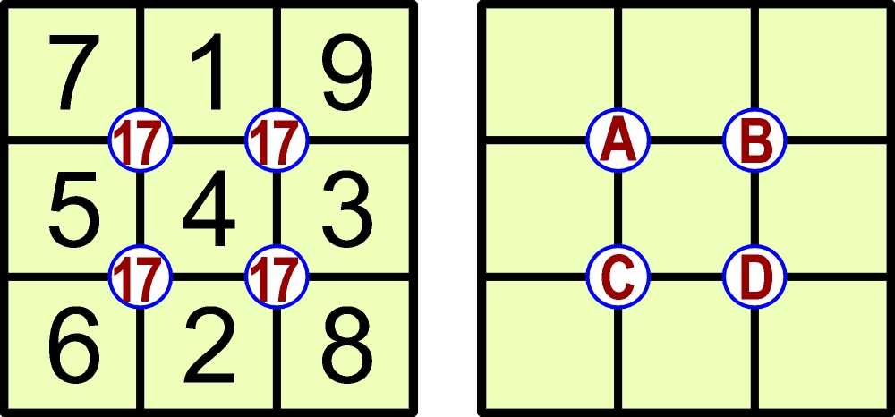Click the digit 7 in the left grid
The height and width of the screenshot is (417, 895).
74,72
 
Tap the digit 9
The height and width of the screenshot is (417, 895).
345,72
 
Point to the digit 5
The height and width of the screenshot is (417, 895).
74,209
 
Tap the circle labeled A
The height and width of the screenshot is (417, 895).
618,140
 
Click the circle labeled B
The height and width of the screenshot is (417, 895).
754,140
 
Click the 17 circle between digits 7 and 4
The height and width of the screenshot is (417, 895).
140,140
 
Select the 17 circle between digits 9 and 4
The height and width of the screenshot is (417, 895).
277,140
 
